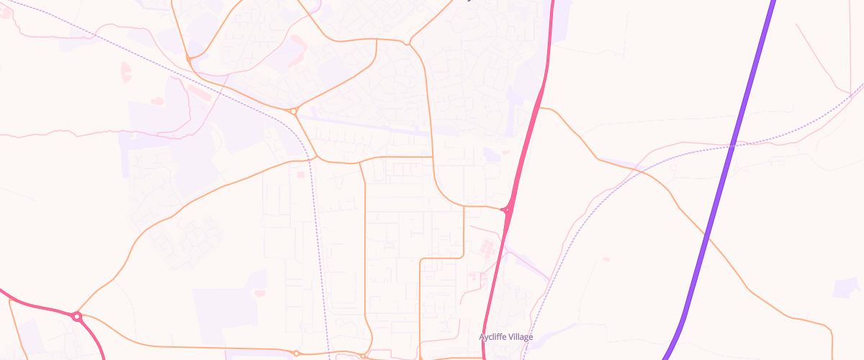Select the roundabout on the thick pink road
click(x=76, y=316)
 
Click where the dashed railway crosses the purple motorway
click(x=733, y=146)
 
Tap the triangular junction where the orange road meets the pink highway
click(x=507, y=210)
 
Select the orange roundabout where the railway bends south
click(x=294, y=111)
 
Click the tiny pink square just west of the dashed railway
click(x=301, y=174)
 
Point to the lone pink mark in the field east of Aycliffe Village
click(x=606, y=259)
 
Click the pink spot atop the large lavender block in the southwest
click(x=259, y=292)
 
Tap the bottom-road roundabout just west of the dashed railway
click(x=296, y=353)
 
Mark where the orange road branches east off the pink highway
click(x=541, y=109)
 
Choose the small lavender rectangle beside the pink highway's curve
click(x=492, y=155)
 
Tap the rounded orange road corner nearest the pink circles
click(x=462, y=256)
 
